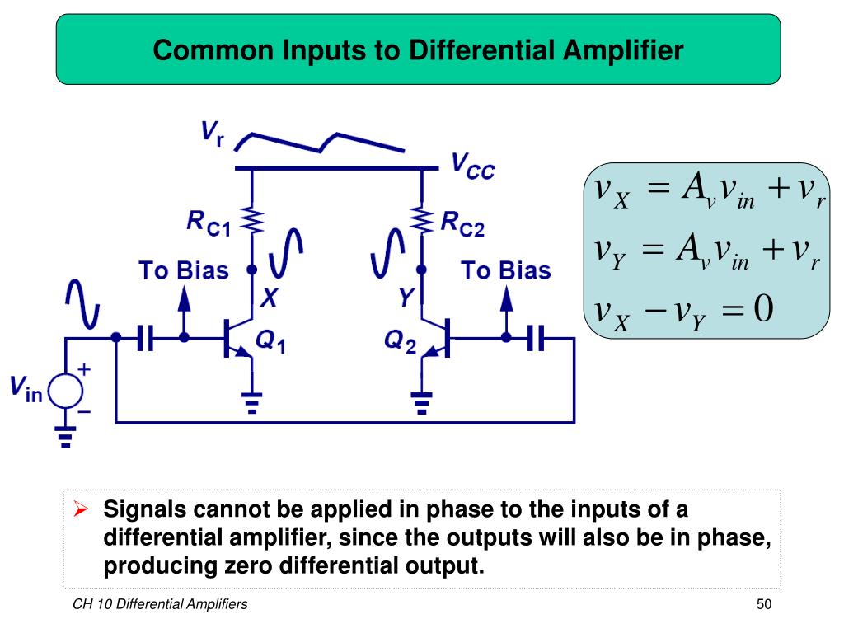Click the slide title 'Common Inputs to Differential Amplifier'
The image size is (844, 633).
418,50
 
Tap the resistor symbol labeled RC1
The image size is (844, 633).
251,221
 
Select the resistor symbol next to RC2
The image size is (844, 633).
422,220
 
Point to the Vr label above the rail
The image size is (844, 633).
211,134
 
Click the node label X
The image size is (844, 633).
269,298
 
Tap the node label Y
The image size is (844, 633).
406,298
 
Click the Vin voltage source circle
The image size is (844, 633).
65,390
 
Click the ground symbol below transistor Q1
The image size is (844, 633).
251,401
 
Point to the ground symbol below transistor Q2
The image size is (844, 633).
422,401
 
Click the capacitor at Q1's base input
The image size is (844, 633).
147,337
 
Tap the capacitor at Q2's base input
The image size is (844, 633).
537,337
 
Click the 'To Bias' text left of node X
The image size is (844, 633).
182,271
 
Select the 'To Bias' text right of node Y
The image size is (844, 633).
505,271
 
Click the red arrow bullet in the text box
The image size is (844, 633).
81,510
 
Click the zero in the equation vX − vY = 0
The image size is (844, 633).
762,310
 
